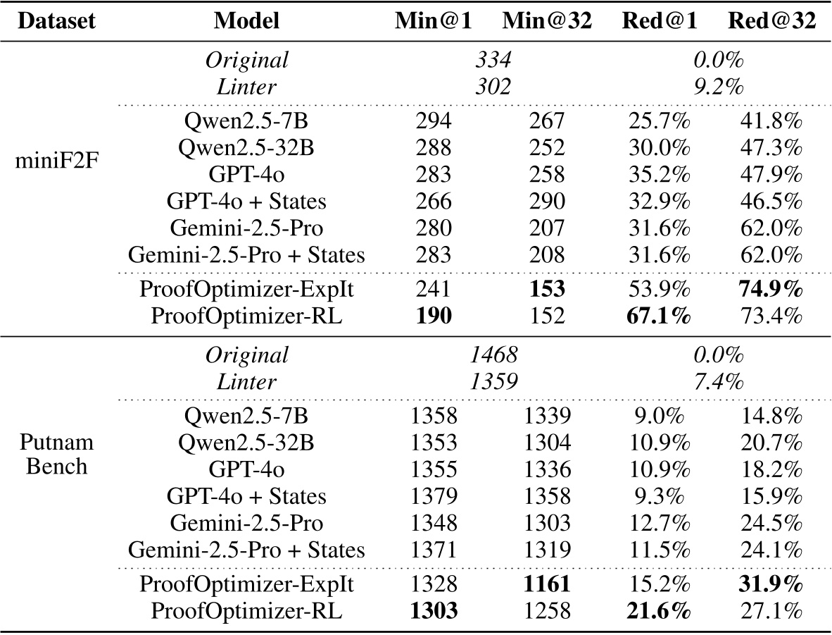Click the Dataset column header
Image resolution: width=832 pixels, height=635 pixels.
pos(56,21)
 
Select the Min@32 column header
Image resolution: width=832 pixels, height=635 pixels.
pos(546,21)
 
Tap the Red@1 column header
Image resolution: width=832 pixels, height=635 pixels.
pos(660,21)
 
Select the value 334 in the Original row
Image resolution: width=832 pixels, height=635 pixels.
pos(493,61)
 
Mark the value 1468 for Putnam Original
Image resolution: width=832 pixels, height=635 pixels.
pos(493,355)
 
